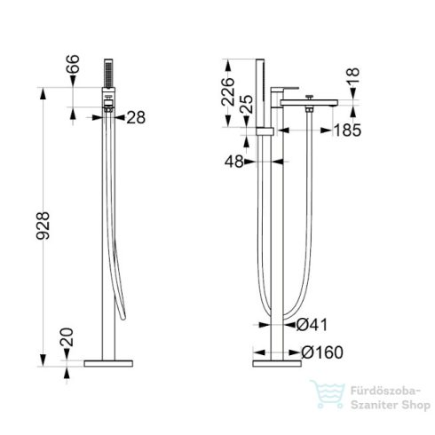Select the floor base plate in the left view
point(109,363)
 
